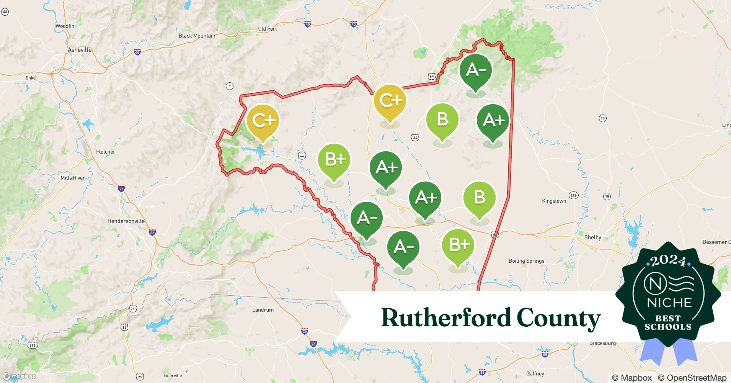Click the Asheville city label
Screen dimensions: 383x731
(x=80, y=50)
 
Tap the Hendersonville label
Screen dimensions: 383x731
(x=126, y=221)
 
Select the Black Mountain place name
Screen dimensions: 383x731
(x=197, y=36)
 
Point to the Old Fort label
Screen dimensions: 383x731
(x=267, y=29)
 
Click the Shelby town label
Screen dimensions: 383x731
(x=592, y=237)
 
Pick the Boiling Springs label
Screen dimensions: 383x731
(x=526, y=261)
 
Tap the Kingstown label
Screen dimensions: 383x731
(x=554, y=201)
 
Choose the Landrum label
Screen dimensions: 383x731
(x=263, y=310)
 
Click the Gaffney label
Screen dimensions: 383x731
(x=535, y=373)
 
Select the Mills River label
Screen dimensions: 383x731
(x=73, y=178)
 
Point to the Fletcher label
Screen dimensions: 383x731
(x=106, y=152)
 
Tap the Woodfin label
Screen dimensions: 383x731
(x=65, y=26)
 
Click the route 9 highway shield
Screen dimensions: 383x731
(x=229, y=86)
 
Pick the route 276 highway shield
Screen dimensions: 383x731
(x=33, y=345)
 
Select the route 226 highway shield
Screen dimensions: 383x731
(x=573, y=195)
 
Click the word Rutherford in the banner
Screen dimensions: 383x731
(x=446, y=318)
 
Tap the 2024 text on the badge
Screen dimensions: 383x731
(x=668, y=261)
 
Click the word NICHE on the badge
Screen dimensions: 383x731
(x=669, y=303)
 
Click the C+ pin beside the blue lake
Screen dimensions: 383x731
(x=263, y=121)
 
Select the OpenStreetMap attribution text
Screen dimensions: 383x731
(x=692, y=378)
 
